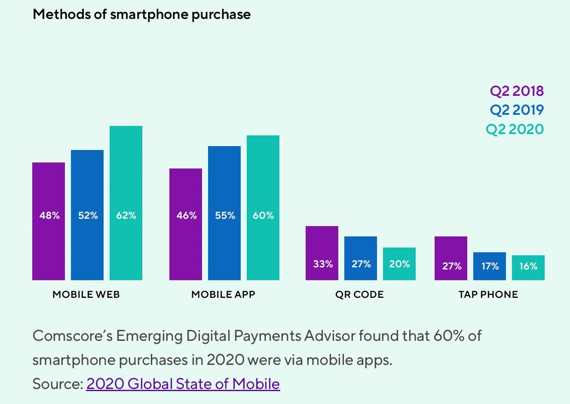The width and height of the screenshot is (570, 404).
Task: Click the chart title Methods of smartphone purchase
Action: [x=141, y=15]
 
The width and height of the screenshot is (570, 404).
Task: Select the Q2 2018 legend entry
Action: [x=517, y=91]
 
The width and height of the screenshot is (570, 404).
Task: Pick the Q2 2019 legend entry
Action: [x=517, y=110]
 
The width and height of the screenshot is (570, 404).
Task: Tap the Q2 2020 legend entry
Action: [x=515, y=129]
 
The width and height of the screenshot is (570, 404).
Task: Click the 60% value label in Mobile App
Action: [x=263, y=215]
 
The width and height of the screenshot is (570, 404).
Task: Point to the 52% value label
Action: [x=88, y=215]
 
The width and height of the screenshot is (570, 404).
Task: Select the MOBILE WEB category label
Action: [x=86, y=294]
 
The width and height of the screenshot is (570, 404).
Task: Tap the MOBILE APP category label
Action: [x=223, y=294]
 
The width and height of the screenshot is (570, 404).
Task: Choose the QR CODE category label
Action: [x=359, y=294]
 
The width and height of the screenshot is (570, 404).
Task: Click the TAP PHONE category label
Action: [x=488, y=294]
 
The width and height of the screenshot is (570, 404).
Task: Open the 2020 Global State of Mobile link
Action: [x=183, y=384]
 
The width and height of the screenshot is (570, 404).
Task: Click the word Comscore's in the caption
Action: [x=72, y=336]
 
